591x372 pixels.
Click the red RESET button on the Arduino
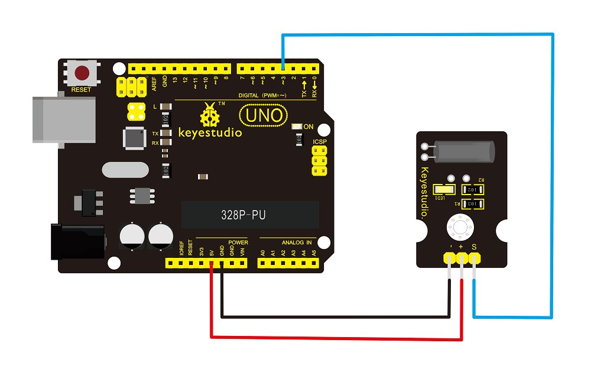pos(82,73)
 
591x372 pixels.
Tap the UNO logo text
pos(264,114)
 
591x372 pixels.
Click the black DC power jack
pos(77,242)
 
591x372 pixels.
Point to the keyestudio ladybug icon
pos(209,115)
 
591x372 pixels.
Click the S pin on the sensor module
pos(474,258)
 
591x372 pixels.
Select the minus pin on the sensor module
pos(449,258)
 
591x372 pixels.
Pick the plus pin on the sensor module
pos(462,258)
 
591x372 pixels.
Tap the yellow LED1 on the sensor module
pos(444,190)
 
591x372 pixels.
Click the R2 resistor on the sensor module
pos(473,190)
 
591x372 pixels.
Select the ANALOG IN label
pos(296,242)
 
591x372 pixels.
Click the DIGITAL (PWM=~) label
pos(262,95)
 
